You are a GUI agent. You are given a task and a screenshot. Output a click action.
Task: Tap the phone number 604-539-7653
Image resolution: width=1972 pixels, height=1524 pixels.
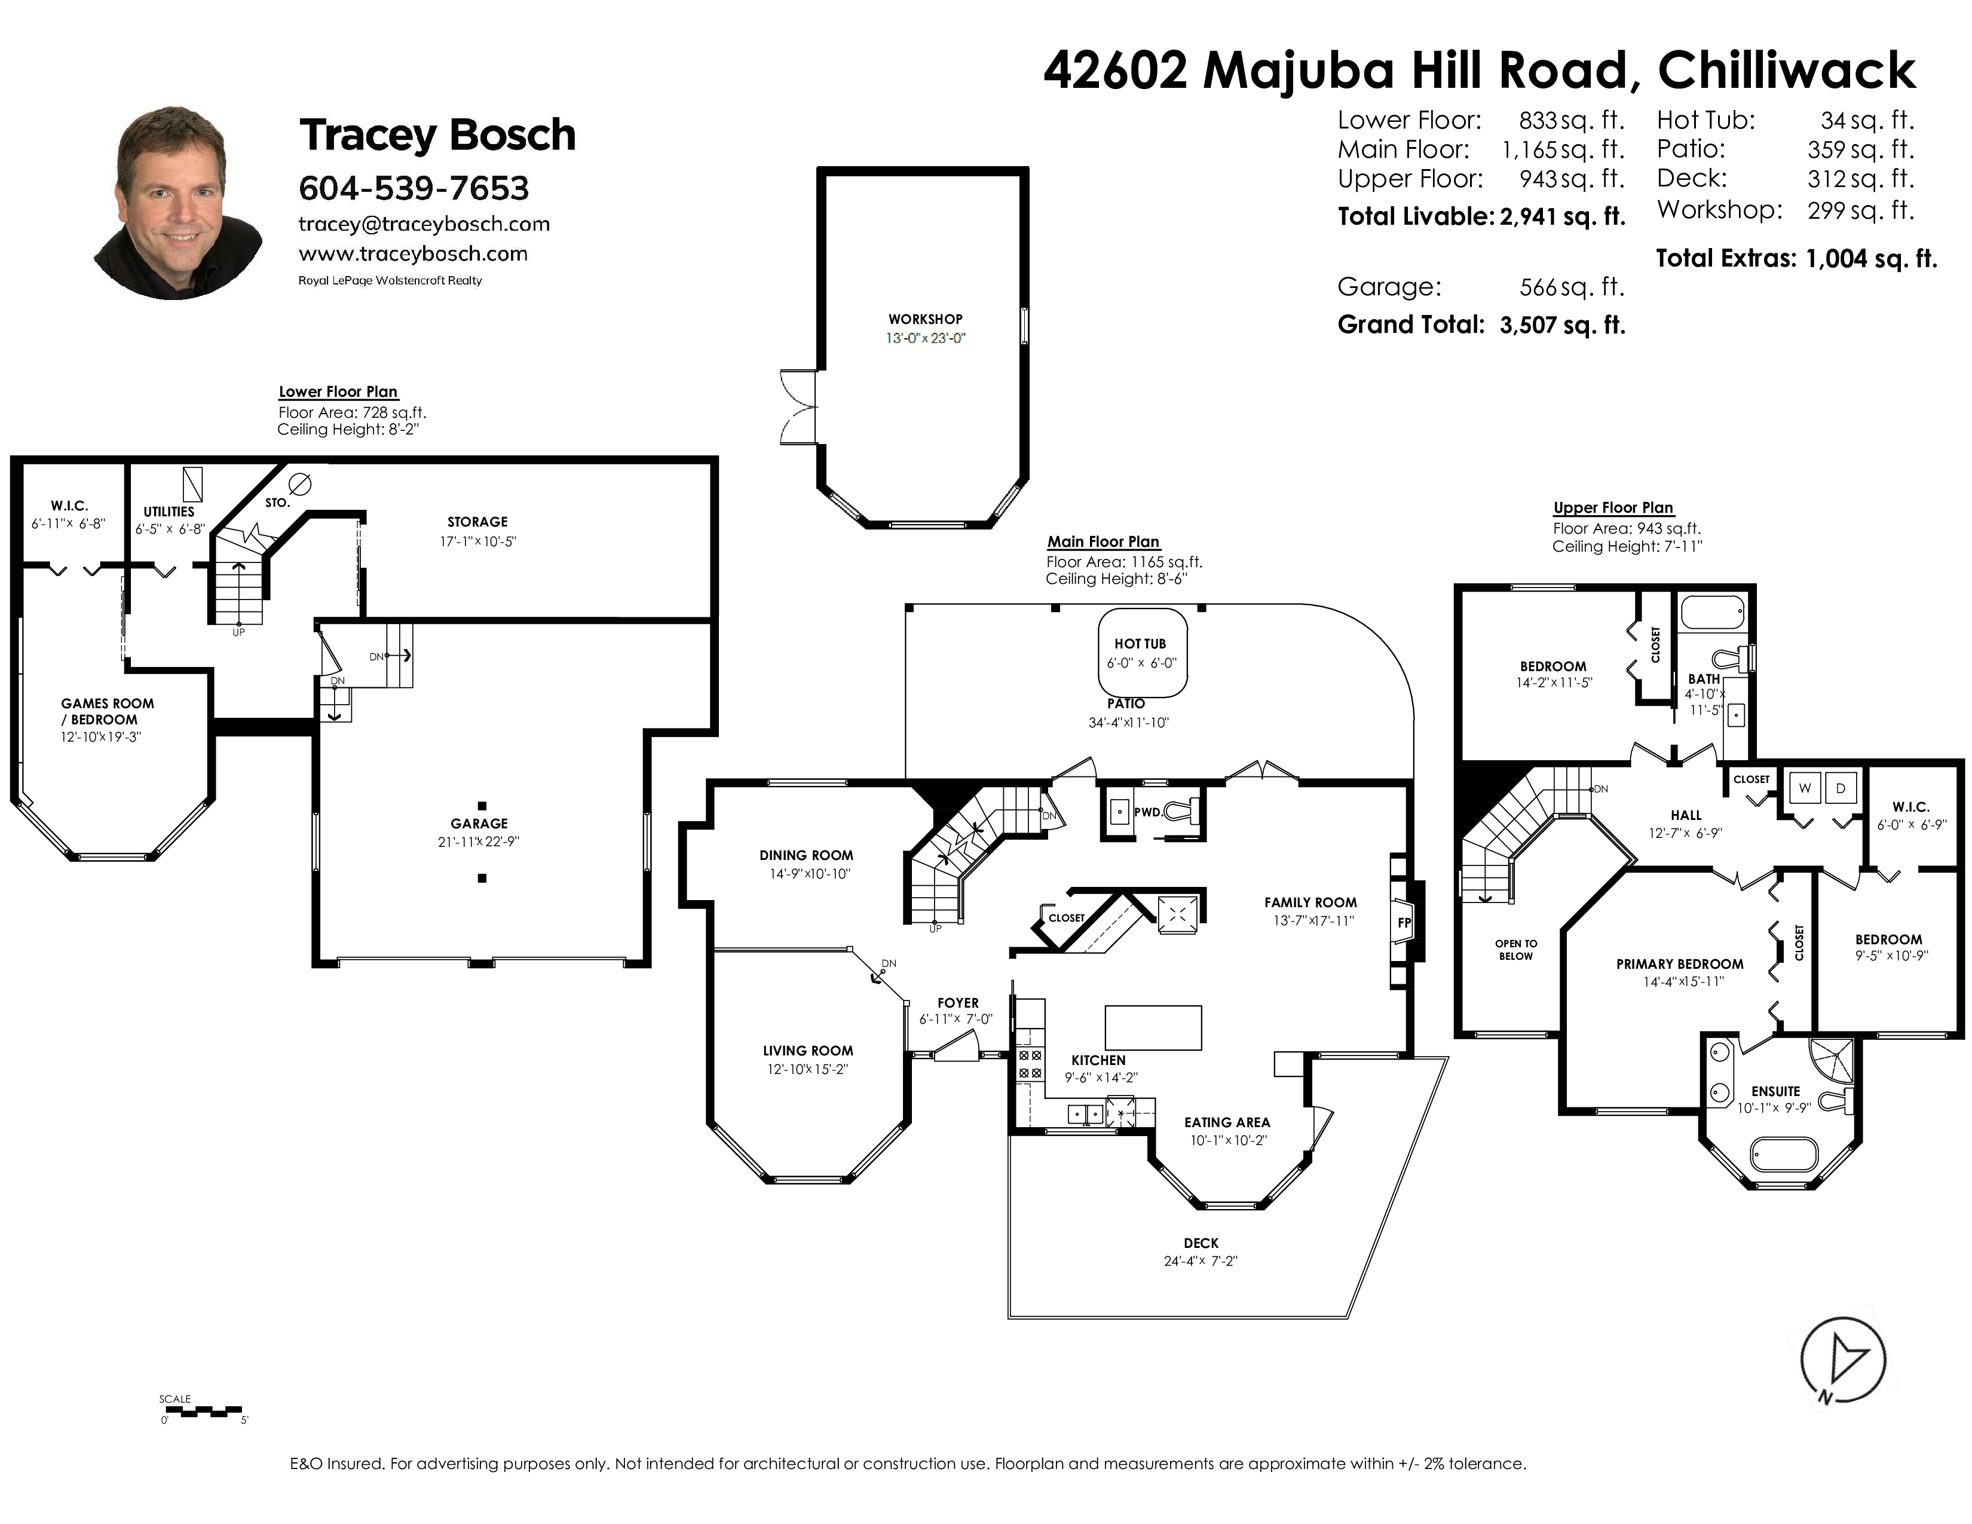pyautogui.click(x=414, y=188)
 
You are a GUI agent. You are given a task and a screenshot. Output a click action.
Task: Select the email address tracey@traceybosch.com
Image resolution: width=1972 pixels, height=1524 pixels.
pyautogui.click(x=424, y=224)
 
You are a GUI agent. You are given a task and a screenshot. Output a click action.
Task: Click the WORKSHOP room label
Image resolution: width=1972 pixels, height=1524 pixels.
pyautogui.click(x=924, y=319)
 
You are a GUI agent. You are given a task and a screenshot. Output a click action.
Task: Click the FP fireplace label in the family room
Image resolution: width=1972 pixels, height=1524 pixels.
pyautogui.click(x=1404, y=923)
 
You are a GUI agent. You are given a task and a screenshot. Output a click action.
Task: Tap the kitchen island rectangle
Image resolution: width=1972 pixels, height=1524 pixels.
pyautogui.click(x=1153, y=1027)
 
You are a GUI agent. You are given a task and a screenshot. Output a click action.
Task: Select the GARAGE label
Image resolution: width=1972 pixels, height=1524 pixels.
pyautogui.click(x=479, y=824)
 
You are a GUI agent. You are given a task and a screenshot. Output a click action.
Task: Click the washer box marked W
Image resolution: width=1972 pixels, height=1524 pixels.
pyautogui.click(x=1805, y=788)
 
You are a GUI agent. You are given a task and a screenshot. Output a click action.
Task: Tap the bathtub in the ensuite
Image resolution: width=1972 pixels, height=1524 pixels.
pyautogui.click(x=1783, y=1154)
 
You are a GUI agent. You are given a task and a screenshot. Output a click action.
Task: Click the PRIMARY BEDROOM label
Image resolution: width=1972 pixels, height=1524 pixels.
pyautogui.click(x=1679, y=963)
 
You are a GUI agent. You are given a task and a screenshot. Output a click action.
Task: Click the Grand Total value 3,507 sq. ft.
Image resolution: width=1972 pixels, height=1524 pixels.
pyautogui.click(x=1562, y=325)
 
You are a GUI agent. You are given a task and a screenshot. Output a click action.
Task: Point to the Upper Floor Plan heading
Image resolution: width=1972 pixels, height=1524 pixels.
pyautogui.click(x=1613, y=507)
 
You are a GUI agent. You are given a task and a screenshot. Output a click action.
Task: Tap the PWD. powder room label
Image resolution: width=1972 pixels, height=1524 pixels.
pyautogui.click(x=1147, y=812)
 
